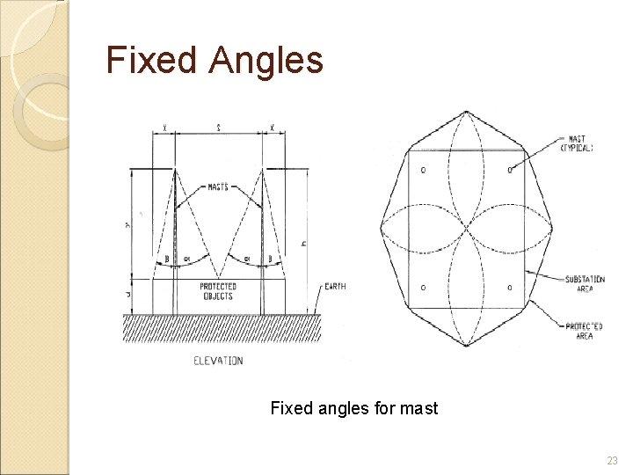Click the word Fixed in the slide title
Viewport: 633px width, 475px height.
(x=151, y=61)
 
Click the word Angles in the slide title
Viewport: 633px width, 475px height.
(x=266, y=61)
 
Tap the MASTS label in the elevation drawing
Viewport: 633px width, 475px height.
(x=218, y=186)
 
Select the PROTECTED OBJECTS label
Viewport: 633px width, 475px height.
(x=217, y=291)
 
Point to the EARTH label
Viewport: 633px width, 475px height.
(x=334, y=286)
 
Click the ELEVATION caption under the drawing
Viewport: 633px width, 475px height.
(x=218, y=361)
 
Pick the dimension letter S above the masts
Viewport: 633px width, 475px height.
(x=218, y=128)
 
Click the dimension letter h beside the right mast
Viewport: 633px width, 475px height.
(x=303, y=243)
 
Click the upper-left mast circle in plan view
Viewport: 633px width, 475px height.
(x=423, y=170)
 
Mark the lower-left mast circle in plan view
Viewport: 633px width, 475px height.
(x=423, y=288)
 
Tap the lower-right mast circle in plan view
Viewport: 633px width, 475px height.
(x=510, y=288)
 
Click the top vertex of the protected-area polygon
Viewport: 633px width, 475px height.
(x=466, y=112)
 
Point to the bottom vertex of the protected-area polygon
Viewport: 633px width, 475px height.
(x=466, y=346)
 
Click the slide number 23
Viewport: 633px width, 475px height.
(x=612, y=461)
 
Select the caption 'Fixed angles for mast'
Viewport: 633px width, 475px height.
(x=353, y=408)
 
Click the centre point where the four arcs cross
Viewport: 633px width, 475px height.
(x=466, y=229)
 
